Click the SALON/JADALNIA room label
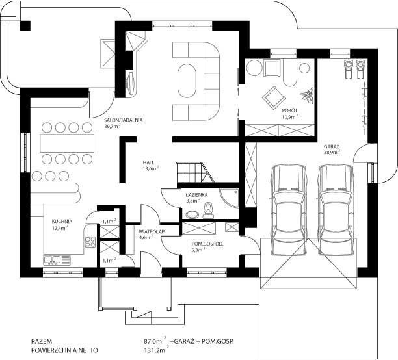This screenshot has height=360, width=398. point(124,120)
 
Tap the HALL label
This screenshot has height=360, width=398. point(148,162)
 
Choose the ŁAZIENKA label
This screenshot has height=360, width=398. point(196,195)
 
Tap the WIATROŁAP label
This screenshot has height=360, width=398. point(152,231)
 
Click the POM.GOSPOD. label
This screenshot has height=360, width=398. point(207,244)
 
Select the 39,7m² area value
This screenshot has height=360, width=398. point(112,126)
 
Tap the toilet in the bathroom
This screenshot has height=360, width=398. point(208,211)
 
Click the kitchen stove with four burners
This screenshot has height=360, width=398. point(90,242)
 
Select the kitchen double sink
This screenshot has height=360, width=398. point(57,261)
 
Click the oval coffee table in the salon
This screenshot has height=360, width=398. point(187,81)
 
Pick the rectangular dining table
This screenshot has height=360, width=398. point(67,143)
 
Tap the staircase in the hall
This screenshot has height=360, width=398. point(196,173)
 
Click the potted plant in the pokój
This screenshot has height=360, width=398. point(308,95)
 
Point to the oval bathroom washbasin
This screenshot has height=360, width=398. point(193,214)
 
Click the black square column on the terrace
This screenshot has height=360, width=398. point(25,26)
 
